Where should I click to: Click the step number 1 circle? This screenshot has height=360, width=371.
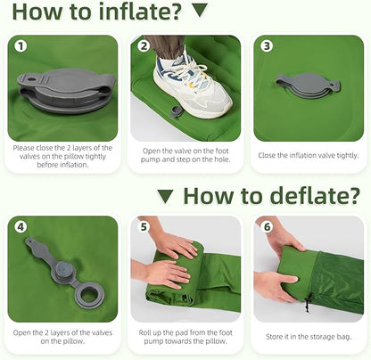point(21,46)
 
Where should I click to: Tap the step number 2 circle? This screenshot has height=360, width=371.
point(144,46)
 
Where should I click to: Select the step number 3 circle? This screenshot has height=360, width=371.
point(267,46)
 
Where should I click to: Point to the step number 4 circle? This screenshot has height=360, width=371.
point(21,227)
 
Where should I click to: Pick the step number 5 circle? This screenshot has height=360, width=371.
point(144,227)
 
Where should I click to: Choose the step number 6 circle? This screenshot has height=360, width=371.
point(267,227)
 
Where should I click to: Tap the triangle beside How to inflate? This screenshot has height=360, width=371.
point(200,11)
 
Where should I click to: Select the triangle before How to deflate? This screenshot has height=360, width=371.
point(165,197)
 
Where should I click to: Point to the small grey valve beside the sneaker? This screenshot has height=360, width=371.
point(175,112)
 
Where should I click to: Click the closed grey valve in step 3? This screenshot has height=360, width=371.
point(308,85)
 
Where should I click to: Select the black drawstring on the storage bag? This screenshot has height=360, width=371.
point(308,302)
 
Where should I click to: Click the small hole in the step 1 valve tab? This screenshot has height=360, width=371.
point(30,79)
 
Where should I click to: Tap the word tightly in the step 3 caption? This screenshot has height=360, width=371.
point(348,155)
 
